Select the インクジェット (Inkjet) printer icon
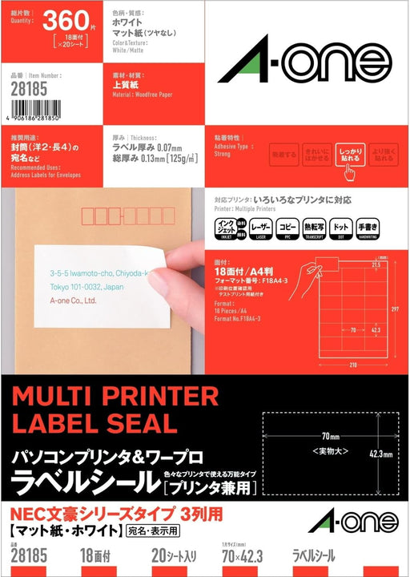click(228, 228)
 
